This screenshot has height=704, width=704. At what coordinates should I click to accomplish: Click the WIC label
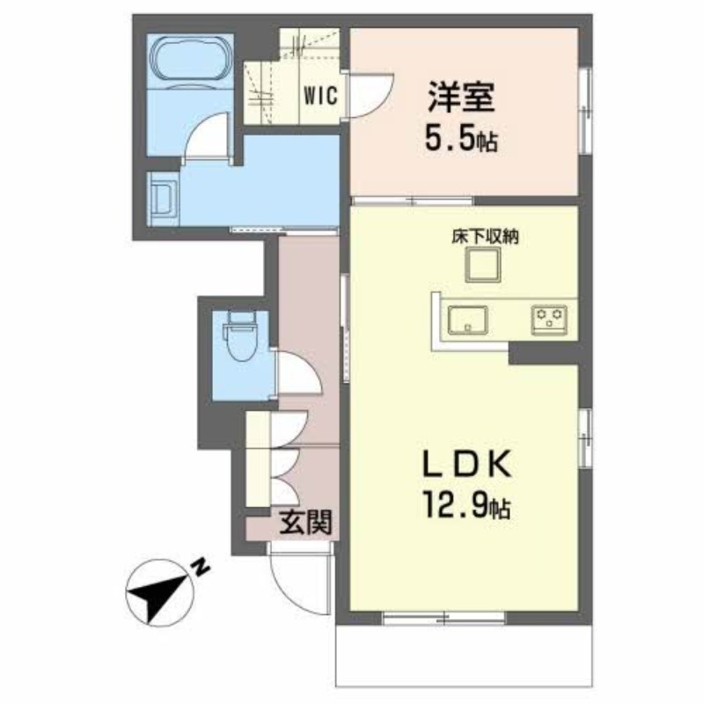pos(320,95)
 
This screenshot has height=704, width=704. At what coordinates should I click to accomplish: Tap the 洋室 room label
pos(461,97)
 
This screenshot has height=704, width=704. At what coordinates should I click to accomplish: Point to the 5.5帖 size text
pos(460,140)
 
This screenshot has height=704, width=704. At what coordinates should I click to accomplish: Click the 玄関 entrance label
pos(305,522)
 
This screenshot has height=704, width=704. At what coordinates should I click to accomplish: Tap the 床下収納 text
pos(485,236)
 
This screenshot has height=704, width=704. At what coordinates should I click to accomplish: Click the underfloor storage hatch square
pos(483,265)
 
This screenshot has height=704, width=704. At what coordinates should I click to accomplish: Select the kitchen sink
pos(468,320)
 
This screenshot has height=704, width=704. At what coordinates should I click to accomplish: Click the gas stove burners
pos(548,319)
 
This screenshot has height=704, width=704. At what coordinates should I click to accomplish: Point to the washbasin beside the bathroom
pos(164,199)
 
